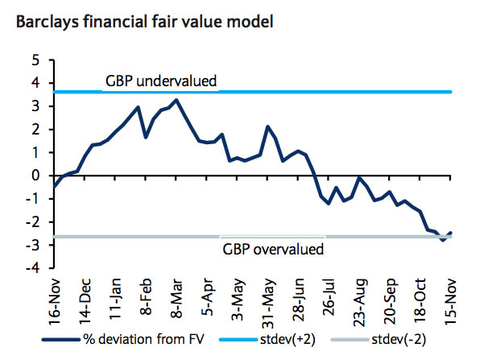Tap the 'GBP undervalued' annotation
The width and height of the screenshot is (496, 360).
[x=161, y=81]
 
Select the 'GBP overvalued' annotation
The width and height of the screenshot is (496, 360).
[x=272, y=249]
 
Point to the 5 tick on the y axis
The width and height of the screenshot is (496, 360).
[x=35, y=60]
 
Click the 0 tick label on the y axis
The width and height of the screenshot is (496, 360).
[x=35, y=176]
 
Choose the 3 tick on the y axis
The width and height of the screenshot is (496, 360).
[x=35, y=106]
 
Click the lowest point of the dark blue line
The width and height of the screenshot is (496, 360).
[x=442, y=240]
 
